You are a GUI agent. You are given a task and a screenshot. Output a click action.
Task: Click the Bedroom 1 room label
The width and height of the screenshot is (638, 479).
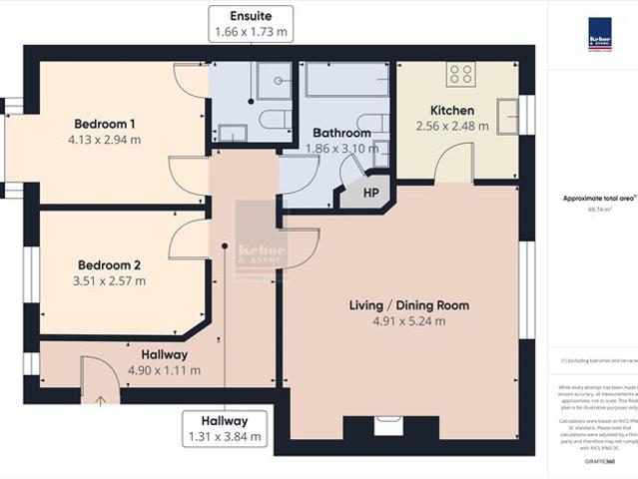[105, 124]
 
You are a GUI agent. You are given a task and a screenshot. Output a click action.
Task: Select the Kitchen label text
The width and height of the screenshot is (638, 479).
[451, 110]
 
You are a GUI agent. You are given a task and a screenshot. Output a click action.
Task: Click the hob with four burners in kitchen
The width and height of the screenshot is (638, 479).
[461, 73]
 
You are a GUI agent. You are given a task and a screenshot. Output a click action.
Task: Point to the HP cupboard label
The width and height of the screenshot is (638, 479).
[370, 193]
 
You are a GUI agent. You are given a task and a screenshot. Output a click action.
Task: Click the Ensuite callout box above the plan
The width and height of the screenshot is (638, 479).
[251, 24]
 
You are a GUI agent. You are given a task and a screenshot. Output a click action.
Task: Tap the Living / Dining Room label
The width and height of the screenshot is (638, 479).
[408, 304]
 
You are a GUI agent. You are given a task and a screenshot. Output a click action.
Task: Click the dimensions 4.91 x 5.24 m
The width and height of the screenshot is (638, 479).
[409, 320]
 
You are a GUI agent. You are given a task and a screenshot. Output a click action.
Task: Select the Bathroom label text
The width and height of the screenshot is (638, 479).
[341, 133]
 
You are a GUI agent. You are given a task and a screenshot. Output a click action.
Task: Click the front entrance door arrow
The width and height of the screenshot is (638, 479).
[100, 401]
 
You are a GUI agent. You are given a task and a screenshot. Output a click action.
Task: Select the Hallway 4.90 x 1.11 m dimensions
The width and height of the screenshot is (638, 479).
[164, 370]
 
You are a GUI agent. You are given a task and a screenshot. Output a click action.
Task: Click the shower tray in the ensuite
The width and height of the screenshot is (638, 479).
[274, 79]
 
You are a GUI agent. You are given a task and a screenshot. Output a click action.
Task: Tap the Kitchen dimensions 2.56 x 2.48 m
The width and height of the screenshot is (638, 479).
[452, 127]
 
